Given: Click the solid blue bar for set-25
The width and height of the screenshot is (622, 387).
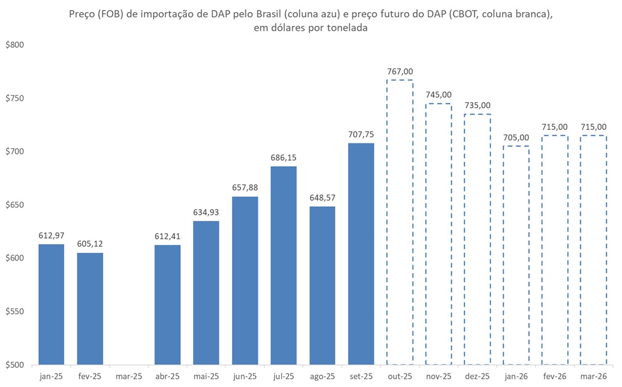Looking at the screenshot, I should click(x=361, y=253).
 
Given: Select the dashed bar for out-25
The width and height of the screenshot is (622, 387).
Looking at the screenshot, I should click(x=399, y=222).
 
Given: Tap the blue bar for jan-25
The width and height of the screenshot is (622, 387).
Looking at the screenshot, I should click(x=51, y=304).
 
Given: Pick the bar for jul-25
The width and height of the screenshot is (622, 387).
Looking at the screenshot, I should click(x=283, y=265).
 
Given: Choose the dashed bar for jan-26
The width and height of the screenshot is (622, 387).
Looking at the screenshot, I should click(x=516, y=255).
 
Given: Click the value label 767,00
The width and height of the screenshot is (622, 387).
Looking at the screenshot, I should click(x=399, y=71).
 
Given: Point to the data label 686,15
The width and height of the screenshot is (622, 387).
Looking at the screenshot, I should click(x=283, y=158).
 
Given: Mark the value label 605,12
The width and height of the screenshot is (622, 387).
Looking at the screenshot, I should click(x=90, y=244).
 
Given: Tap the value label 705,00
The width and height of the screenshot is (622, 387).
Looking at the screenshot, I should click(x=516, y=137).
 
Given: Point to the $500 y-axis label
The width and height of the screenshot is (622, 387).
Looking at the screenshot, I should click(x=14, y=365).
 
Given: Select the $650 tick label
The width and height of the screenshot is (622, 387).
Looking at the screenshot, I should click(x=14, y=205).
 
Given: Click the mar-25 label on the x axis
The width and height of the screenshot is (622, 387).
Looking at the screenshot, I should click(x=129, y=376).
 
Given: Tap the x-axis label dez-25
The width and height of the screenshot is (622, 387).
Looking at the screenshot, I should click(x=477, y=376).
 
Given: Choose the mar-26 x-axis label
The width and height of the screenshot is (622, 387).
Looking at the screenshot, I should click(x=593, y=376).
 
